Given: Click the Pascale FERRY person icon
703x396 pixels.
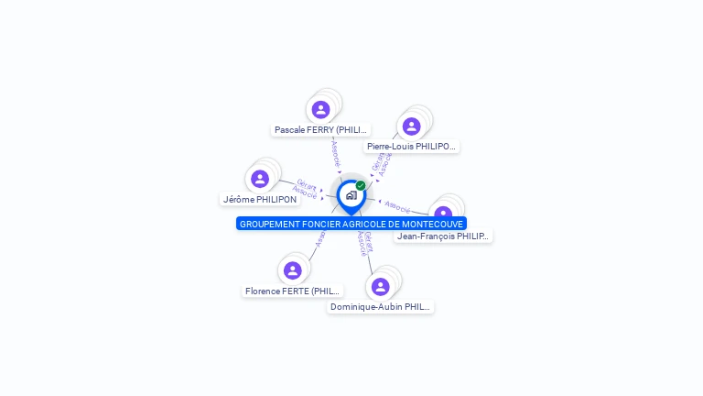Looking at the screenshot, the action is [320, 110].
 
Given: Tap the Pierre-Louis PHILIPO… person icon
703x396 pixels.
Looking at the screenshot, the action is [411, 126].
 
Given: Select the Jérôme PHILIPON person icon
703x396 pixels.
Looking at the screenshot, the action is [260, 179].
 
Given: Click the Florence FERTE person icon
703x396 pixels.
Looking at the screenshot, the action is [293, 270].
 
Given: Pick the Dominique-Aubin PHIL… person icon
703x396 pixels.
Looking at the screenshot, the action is [381, 287].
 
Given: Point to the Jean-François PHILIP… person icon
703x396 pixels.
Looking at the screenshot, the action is [444, 214].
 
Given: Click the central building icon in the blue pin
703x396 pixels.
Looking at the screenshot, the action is [351, 195].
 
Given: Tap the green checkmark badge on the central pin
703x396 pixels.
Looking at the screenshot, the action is [361, 186].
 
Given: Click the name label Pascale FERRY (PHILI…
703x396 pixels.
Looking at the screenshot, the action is [321, 130].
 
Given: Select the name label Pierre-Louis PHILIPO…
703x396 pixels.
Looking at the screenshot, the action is [411, 147].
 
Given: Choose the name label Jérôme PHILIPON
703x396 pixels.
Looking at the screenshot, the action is [260, 199].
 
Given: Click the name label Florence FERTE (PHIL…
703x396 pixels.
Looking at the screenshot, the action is [293, 291].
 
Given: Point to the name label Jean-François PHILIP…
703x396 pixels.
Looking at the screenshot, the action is [444, 236].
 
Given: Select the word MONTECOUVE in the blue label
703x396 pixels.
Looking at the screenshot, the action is [432, 224].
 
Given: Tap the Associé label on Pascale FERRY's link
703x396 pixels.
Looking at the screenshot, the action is [335, 152].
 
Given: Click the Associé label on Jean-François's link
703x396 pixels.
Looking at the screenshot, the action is [397, 205].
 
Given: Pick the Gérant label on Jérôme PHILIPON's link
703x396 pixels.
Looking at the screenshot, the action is [307, 184].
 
